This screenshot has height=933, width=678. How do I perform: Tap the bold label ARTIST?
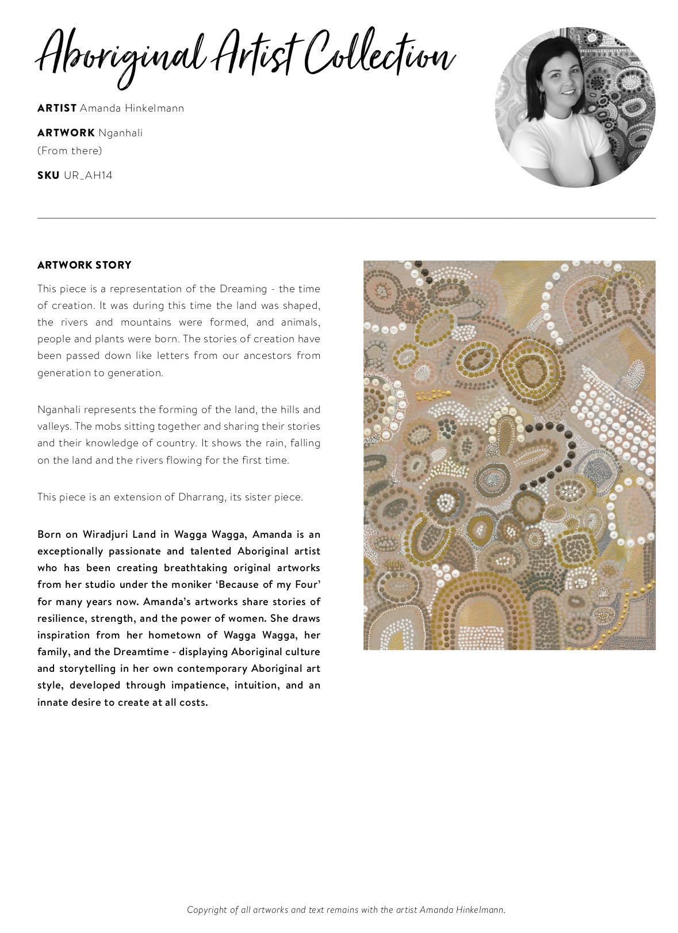[x=57, y=108]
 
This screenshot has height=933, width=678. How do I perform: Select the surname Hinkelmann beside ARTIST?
[x=155, y=108]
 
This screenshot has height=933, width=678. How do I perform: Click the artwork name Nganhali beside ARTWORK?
[x=120, y=133]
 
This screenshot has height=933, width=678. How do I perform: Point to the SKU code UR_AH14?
[x=88, y=175]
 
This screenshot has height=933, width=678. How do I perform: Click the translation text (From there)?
[x=70, y=151]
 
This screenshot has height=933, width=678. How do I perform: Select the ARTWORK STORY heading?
[x=85, y=265]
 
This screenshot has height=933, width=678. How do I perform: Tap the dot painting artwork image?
[x=509, y=455]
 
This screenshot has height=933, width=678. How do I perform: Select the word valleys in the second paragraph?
[x=53, y=427]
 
